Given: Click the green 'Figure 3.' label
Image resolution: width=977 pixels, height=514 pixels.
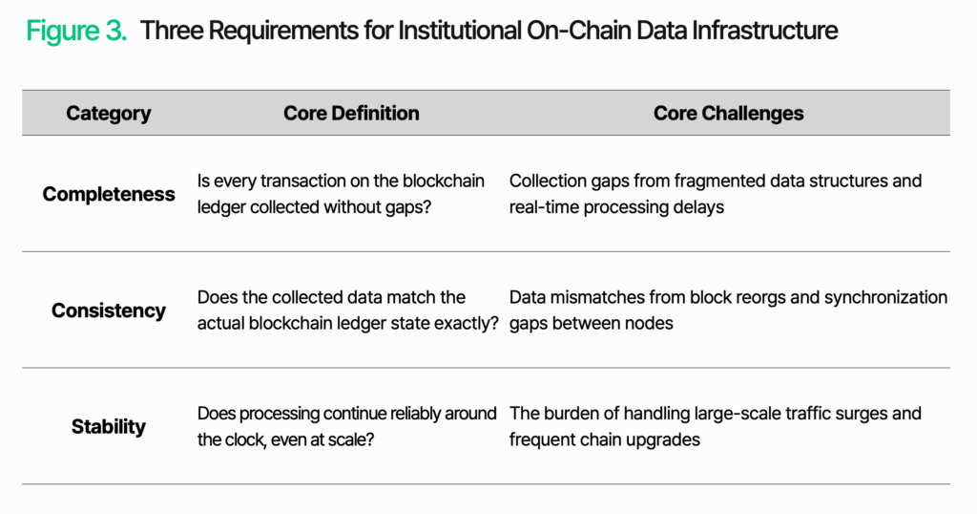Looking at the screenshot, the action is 76,31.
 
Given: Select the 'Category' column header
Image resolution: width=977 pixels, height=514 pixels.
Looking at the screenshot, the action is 109,114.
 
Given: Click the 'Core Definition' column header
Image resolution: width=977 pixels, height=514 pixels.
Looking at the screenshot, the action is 351,113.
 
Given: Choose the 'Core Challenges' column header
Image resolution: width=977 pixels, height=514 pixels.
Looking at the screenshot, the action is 728,113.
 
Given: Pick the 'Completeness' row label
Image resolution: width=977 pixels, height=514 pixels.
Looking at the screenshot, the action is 109,195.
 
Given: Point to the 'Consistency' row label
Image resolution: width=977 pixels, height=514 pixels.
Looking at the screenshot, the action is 109,311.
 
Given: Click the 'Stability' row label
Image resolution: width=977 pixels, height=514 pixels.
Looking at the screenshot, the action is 109,427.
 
